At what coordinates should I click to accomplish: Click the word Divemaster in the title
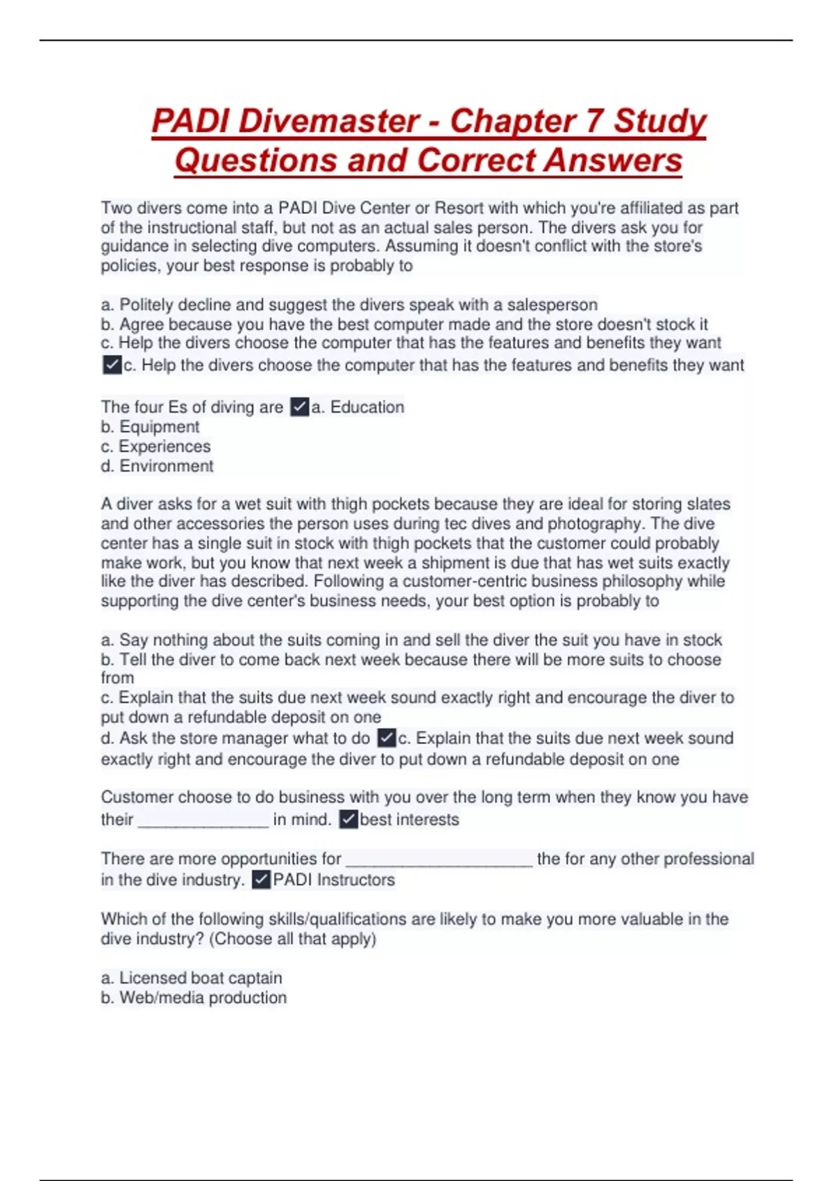pos(329,121)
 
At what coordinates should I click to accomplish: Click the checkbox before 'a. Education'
pos(299,407)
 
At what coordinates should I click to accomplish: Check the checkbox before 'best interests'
pos(348,820)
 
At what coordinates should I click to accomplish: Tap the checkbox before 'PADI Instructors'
pos(261,880)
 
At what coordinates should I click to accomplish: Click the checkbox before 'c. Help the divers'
pos(112,365)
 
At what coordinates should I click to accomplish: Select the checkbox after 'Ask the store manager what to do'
pos(387,738)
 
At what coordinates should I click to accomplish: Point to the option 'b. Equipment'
pos(150,427)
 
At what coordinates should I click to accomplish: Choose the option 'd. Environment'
pos(157,466)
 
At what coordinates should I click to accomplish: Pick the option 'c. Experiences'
pos(155,446)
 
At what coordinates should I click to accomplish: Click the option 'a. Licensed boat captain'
pos(192,978)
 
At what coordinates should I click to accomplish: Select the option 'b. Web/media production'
pos(194,998)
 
